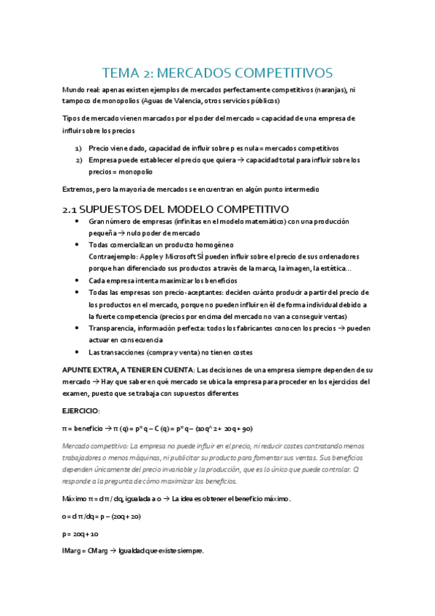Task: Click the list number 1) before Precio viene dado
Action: point(78,148)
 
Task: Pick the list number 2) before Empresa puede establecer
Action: point(78,160)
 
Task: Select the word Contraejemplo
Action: point(113,256)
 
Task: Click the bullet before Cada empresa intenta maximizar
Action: point(78,280)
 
